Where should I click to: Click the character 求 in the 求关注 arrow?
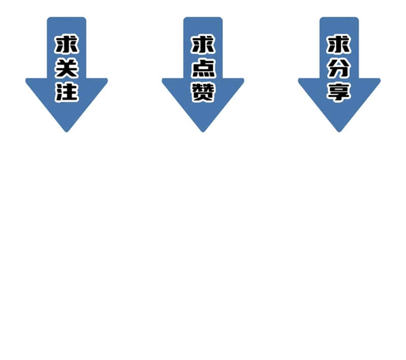pyautogui.click(x=66, y=44)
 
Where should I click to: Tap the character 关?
pyautogui.click(x=66, y=68)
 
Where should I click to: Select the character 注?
pyautogui.click(x=66, y=92)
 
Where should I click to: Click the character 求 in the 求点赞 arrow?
pyautogui.click(x=203, y=44)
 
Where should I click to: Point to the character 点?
pyautogui.click(x=203, y=68)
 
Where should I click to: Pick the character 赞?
pyautogui.click(x=203, y=92)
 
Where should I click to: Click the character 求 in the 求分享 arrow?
pyautogui.click(x=339, y=44)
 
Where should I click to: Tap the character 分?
pyautogui.click(x=339, y=68)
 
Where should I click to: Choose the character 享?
pyautogui.click(x=339, y=92)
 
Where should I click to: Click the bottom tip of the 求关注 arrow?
pyautogui.click(x=66, y=132)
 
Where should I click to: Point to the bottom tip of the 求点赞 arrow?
pyautogui.click(x=203, y=132)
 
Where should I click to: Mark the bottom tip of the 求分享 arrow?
pyautogui.click(x=339, y=132)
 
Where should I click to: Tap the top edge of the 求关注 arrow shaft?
pyautogui.click(x=66, y=17)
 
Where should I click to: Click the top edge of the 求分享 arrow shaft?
pyautogui.click(x=339, y=17)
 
